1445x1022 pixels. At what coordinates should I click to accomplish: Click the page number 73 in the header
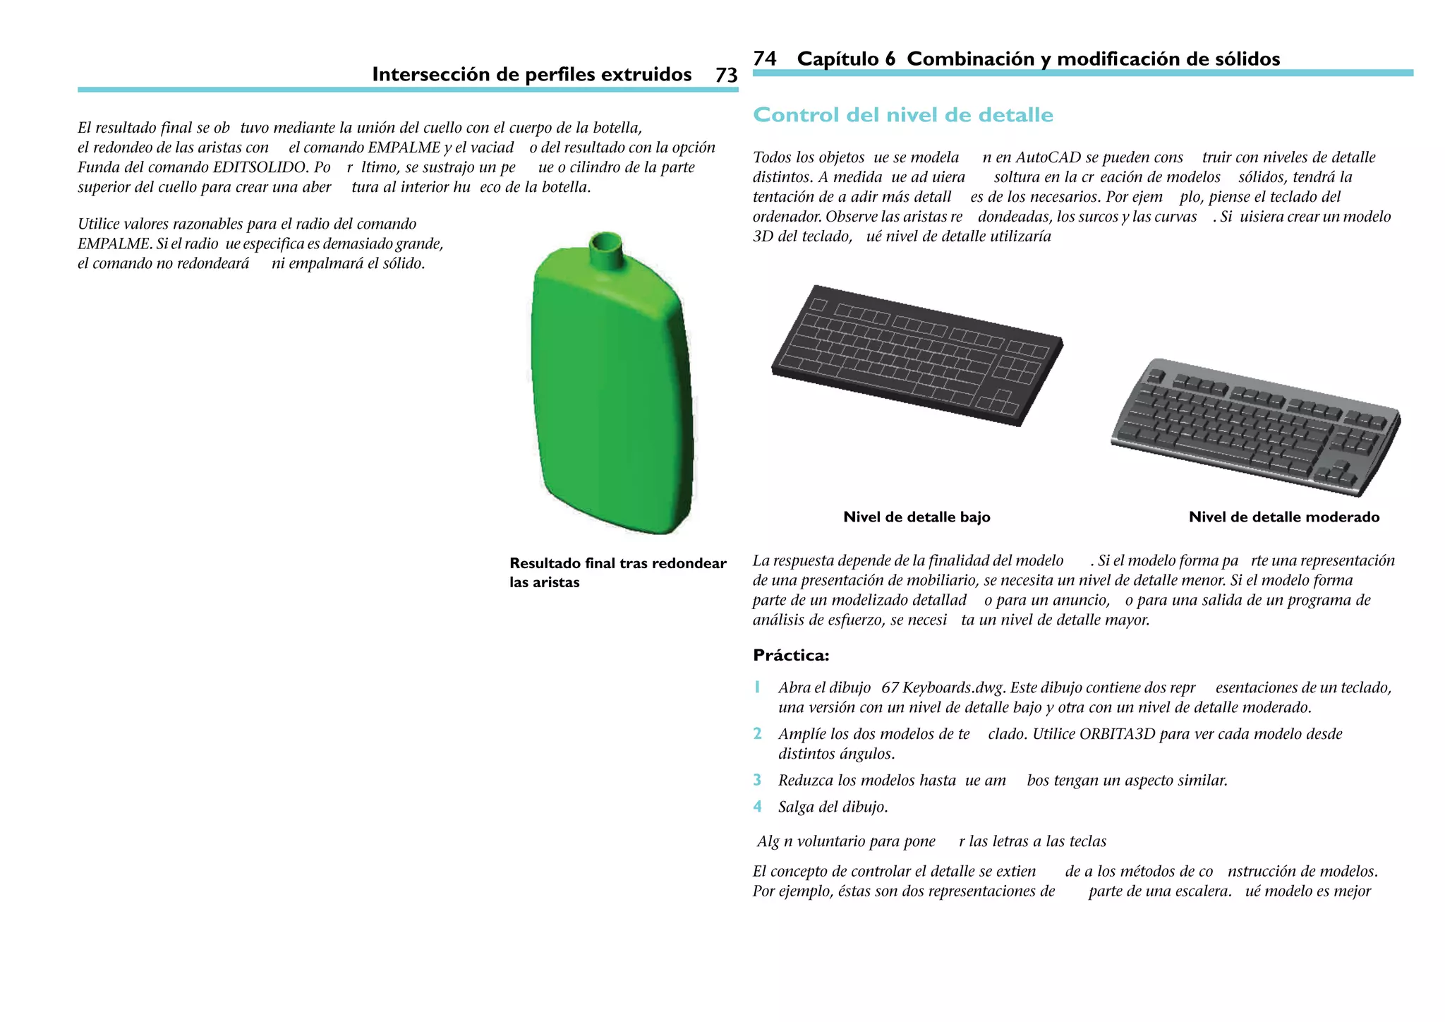pyautogui.click(x=726, y=75)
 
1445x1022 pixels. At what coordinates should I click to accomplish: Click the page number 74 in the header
pyautogui.click(x=765, y=59)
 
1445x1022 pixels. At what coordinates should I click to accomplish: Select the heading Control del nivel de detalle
pyautogui.click(x=902, y=115)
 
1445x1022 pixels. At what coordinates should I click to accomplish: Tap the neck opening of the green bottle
pyautogui.click(x=605, y=242)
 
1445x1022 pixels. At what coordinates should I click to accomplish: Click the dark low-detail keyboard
pyautogui.click(x=917, y=354)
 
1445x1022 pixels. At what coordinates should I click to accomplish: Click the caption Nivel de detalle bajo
pyautogui.click(x=917, y=517)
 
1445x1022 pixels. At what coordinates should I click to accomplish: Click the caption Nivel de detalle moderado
pyautogui.click(x=1283, y=517)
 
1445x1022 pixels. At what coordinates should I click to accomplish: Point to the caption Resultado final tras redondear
pyautogui.click(x=617, y=563)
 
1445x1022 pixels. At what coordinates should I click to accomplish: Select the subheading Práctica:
pyautogui.click(x=791, y=656)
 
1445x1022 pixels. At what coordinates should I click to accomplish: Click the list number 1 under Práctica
pyautogui.click(x=757, y=687)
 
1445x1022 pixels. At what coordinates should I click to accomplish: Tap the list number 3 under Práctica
pyautogui.click(x=757, y=781)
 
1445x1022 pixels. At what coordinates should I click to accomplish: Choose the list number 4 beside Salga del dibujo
pyautogui.click(x=757, y=807)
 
